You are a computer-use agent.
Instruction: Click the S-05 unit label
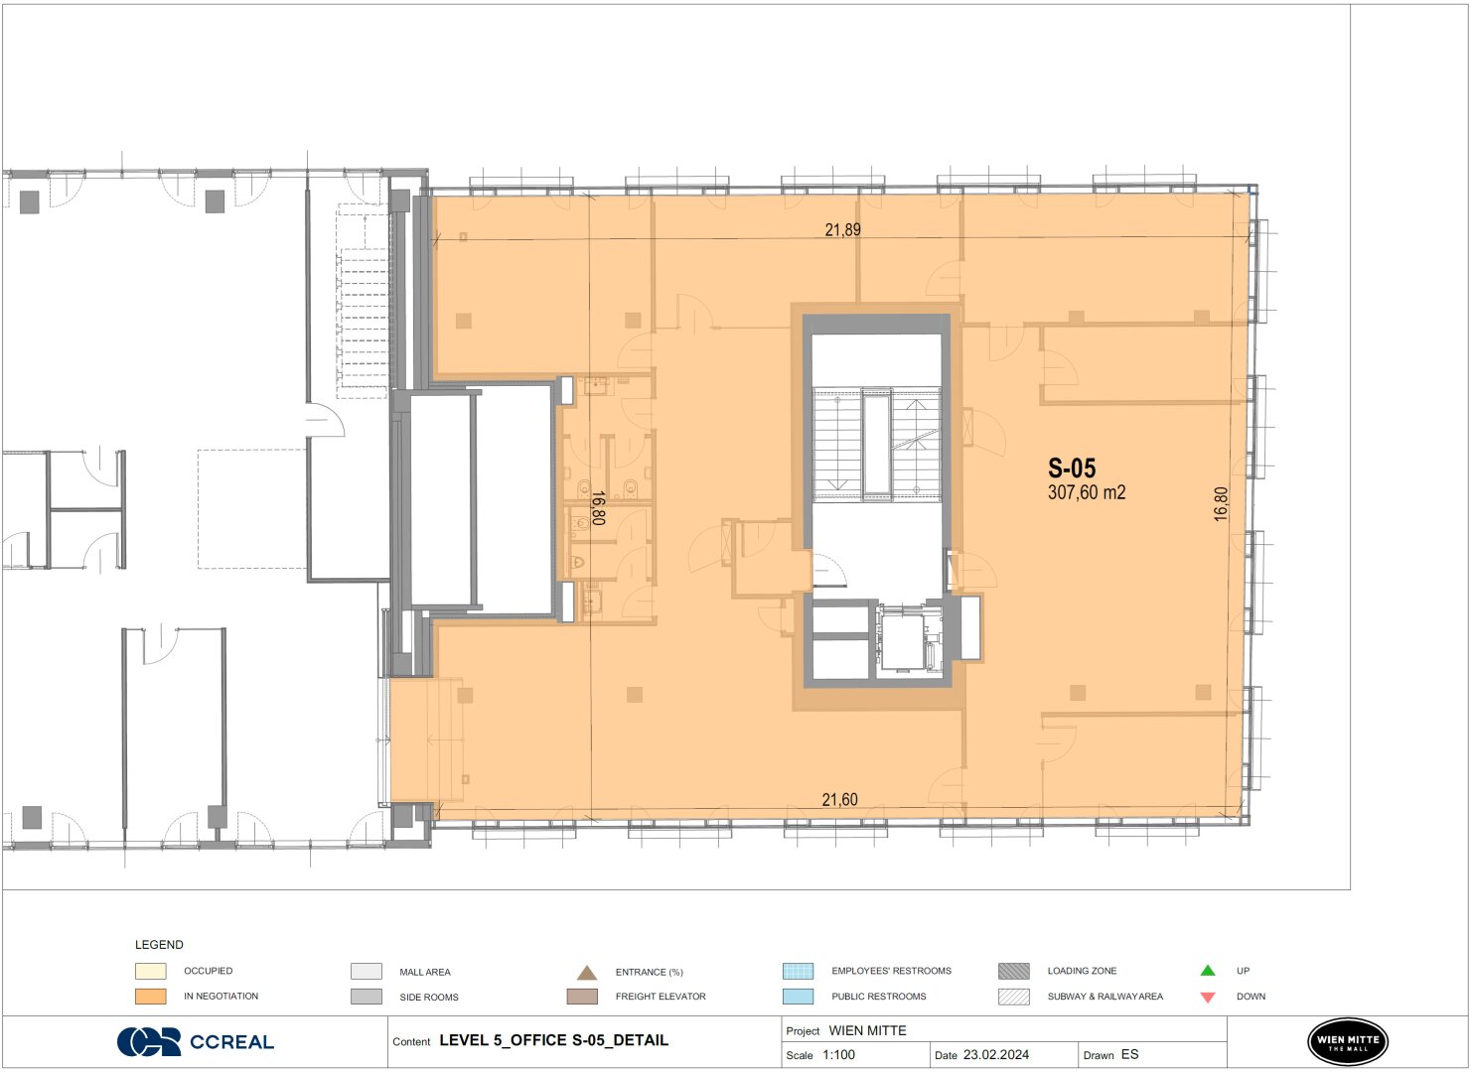pos(1072,469)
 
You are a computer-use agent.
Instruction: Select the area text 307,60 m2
pos(1087,492)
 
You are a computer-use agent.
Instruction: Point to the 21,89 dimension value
pos(842,229)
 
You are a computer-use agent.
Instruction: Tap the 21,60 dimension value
pos(839,800)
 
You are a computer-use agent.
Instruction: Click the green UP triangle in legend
pos(1208,970)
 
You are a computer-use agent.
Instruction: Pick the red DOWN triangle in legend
pos(1208,998)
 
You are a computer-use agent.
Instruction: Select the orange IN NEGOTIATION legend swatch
pos(151,997)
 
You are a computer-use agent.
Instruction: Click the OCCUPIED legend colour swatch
pos(151,971)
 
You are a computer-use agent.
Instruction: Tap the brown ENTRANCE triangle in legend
pos(587,973)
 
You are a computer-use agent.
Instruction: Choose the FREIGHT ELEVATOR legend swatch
pos(582,997)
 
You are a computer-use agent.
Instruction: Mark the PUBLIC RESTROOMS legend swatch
pos(799,997)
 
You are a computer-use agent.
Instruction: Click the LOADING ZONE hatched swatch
pos(1014,971)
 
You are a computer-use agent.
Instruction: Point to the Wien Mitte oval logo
pos(1348,1041)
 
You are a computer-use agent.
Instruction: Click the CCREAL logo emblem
pos(149,1042)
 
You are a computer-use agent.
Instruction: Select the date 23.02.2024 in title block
pos(996,1055)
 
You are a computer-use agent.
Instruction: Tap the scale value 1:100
pos(838,1055)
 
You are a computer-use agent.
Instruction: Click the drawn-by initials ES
pos(1129,1054)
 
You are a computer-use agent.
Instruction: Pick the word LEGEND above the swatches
pos(159,945)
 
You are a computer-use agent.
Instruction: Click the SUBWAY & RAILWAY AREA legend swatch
pos(1014,997)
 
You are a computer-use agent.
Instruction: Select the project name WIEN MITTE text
pos(867,1030)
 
